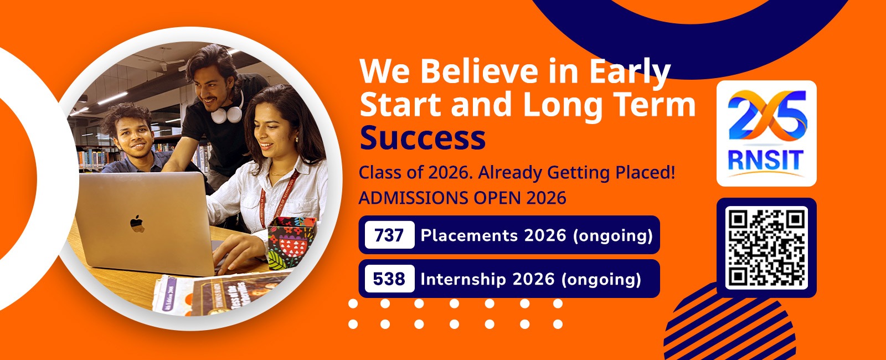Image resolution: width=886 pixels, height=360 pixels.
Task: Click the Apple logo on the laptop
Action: click(x=137, y=223)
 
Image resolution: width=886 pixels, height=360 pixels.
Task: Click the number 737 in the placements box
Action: click(x=389, y=235)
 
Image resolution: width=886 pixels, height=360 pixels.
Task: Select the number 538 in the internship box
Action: click(x=389, y=279)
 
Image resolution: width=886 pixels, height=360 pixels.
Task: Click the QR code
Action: click(x=766, y=248)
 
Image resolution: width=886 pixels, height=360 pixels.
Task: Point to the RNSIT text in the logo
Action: click(x=766, y=160)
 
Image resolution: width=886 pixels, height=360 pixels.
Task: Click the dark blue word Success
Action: click(x=423, y=138)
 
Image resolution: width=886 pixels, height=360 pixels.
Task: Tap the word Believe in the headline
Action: click(x=479, y=71)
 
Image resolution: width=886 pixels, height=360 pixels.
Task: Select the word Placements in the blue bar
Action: click(x=469, y=235)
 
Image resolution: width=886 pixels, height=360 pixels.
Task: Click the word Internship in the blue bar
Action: click(x=463, y=279)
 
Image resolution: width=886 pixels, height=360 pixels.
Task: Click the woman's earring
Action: click(x=297, y=139)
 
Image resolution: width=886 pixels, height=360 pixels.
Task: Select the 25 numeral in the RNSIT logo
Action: click(x=767, y=116)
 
